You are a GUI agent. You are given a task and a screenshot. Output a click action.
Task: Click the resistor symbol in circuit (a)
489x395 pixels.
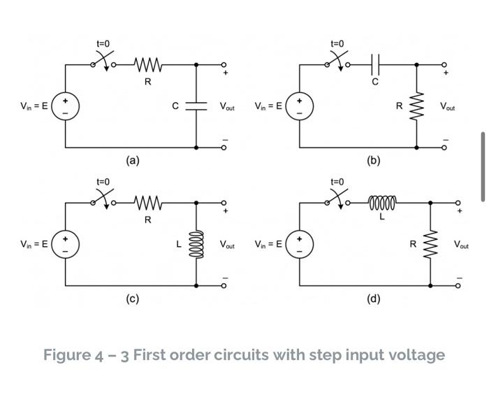(x=147, y=65)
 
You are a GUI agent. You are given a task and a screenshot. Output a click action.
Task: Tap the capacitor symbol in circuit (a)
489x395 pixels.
(x=196, y=106)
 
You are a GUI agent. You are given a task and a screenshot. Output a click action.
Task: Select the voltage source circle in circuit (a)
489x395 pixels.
(x=66, y=106)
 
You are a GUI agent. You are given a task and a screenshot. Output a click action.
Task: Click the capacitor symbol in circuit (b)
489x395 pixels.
(x=375, y=65)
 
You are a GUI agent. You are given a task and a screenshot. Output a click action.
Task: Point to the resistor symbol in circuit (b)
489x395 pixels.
(x=417, y=106)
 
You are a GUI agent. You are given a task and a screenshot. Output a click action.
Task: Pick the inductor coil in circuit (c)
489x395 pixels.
(x=196, y=245)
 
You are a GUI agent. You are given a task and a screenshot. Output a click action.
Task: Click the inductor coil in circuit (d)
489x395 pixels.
(x=381, y=203)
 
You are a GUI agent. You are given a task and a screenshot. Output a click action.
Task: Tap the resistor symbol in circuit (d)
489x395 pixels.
(x=430, y=244)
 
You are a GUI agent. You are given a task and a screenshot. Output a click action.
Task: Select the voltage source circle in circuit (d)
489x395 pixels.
(x=300, y=244)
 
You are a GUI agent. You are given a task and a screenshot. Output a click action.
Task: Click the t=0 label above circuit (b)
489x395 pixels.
(x=337, y=44)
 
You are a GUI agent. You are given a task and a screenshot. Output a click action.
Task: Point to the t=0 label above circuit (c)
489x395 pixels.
(x=103, y=182)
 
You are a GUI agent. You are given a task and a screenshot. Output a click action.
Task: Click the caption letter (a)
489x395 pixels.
(x=133, y=160)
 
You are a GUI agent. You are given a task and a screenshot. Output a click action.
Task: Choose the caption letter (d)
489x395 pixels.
(x=374, y=299)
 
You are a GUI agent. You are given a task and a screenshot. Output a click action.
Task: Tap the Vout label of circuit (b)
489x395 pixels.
(x=447, y=107)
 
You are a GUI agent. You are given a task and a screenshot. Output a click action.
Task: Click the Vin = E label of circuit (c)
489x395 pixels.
(x=34, y=245)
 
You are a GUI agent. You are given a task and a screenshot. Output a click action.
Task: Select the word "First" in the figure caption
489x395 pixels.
(x=152, y=355)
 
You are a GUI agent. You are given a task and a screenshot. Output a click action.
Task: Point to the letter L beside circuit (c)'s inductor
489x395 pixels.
(x=179, y=245)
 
